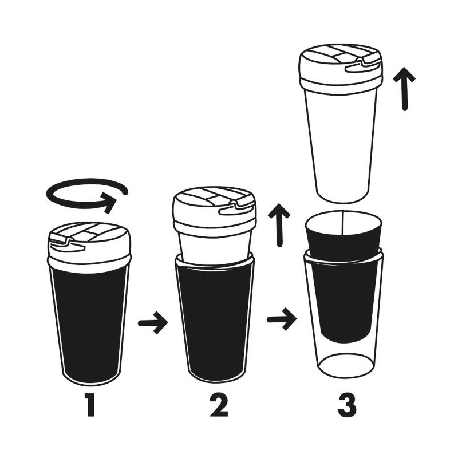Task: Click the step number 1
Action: [90, 405]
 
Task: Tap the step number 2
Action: [219, 405]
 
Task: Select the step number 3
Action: [347, 405]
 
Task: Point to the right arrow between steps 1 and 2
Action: [153, 323]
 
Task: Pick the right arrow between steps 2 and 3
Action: [282, 319]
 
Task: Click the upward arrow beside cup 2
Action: [279, 225]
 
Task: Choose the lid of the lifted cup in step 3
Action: [341, 69]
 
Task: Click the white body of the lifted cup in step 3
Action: [341, 146]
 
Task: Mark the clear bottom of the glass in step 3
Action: [346, 365]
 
